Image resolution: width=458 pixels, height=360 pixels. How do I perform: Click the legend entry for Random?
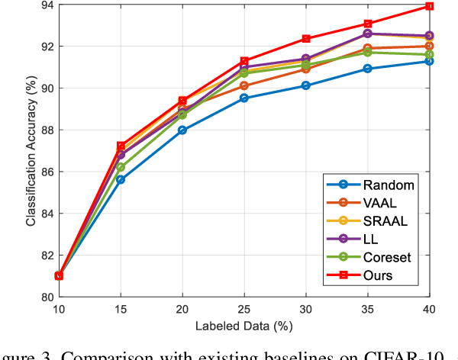click(389, 184)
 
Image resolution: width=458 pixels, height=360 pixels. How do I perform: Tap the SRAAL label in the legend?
click(385, 220)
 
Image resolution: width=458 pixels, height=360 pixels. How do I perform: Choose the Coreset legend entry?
click(389, 257)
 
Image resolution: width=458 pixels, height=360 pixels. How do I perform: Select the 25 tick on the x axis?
click(244, 309)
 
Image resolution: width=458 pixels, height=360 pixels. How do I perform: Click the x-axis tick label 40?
click(429, 309)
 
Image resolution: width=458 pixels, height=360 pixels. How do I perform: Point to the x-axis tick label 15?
click(121, 309)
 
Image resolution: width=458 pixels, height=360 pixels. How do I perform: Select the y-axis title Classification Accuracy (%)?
click(31, 152)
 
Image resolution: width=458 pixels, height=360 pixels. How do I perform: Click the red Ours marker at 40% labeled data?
click(429, 6)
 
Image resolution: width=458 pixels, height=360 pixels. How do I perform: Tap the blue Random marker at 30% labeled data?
click(305, 85)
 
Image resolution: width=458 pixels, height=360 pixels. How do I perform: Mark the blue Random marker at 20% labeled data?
click(182, 130)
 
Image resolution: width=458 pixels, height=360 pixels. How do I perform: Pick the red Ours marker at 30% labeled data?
click(305, 39)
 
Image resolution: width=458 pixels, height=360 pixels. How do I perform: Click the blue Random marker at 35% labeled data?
click(367, 69)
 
